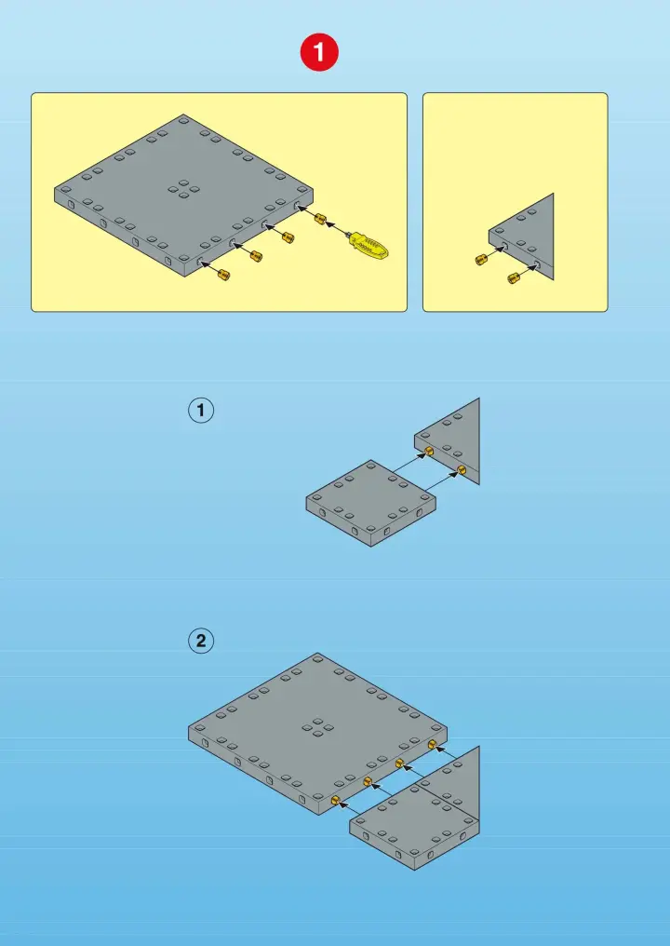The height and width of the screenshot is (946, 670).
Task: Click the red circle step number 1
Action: [319, 52]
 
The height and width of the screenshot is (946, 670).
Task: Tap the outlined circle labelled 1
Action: [201, 411]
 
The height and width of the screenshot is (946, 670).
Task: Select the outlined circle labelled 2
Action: [201, 641]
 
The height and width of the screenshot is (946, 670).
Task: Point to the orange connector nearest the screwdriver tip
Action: [320, 219]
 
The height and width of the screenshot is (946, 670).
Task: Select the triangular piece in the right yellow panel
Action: [522, 237]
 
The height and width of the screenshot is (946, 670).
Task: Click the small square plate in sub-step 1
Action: [370, 503]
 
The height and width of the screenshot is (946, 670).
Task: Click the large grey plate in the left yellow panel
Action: [184, 195]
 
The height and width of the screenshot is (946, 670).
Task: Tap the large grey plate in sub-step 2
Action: [318, 733]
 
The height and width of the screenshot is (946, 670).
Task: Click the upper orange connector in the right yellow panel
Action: [481, 260]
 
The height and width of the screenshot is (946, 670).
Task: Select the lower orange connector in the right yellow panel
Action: [514, 277]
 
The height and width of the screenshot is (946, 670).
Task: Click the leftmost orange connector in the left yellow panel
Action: [223, 275]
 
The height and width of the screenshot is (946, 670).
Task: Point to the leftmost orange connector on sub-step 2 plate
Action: [335, 801]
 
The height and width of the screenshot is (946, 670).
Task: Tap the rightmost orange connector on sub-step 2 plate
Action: [432, 745]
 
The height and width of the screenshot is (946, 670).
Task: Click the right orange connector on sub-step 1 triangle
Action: [462, 469]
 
